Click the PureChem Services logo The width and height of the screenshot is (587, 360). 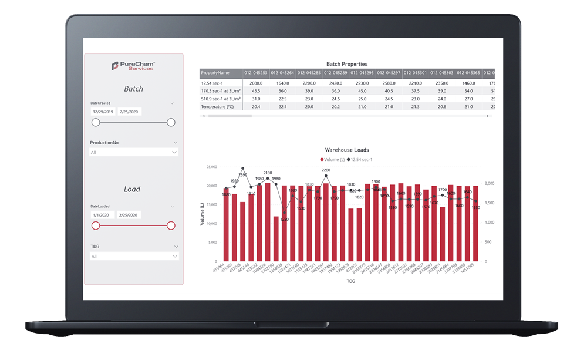(x=133, y=66)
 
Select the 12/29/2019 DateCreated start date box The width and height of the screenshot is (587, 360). (x=103, y=111)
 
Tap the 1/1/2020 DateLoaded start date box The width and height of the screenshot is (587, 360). (x=103, y=215)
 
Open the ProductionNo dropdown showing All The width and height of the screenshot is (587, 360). (x=134, y=152)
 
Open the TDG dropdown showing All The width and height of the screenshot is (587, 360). (x=134, y=256)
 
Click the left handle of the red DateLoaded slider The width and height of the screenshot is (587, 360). (x=96, y=226)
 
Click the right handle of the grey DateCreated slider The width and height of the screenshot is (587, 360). (x=171, y=122)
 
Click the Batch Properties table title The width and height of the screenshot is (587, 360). (x=347, y=64)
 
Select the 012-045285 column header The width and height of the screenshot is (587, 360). (x=309, y=73)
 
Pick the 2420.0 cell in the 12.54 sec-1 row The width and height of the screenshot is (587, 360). (x=335, y=83)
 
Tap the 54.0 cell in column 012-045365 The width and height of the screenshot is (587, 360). (x=468, y=91)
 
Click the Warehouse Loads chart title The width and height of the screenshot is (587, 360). (x=347, y=150)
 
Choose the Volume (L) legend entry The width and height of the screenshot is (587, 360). (x=332, y=159)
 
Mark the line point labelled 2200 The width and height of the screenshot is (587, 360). (x=326, y=176)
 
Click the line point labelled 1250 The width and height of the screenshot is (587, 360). (x=284, y=213)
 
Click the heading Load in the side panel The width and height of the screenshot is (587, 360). (x=133, y=189)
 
